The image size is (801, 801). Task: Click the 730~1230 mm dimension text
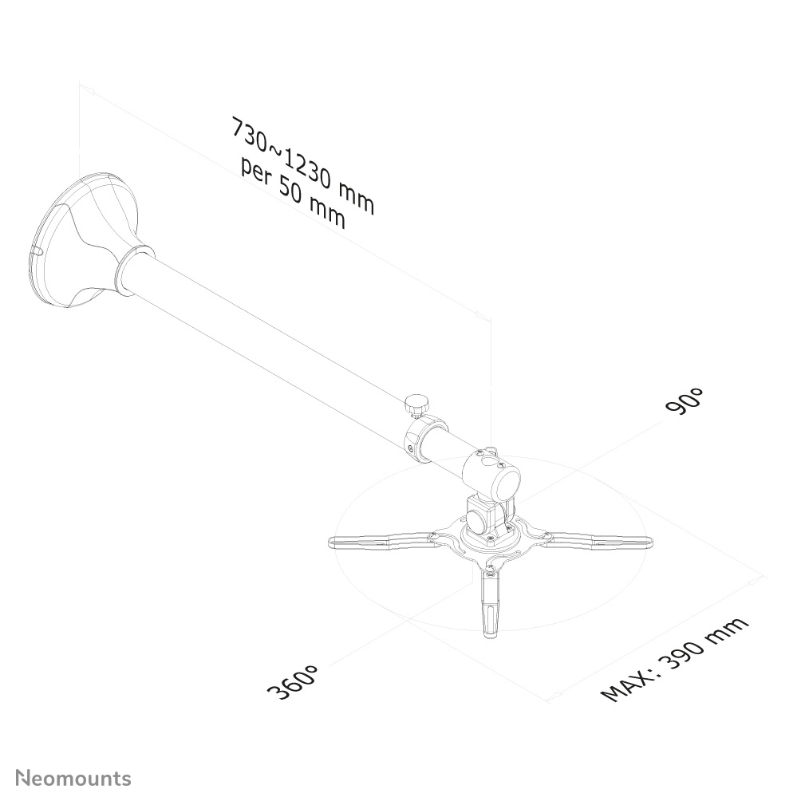[x=303, y=164]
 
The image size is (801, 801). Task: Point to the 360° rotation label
[x=293, y=681]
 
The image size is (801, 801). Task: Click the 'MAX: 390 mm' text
[x=674, y=659]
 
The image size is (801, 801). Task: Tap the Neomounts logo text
[x=73, y=779]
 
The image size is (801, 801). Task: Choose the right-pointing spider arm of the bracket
[x=598, y=539]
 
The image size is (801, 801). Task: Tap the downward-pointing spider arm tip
[x=491, y=633]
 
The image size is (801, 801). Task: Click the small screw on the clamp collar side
[x=412, y=448]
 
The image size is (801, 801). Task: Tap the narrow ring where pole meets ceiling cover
[x=134, y=270]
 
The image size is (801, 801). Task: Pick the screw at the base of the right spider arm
[x=545, y=535]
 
